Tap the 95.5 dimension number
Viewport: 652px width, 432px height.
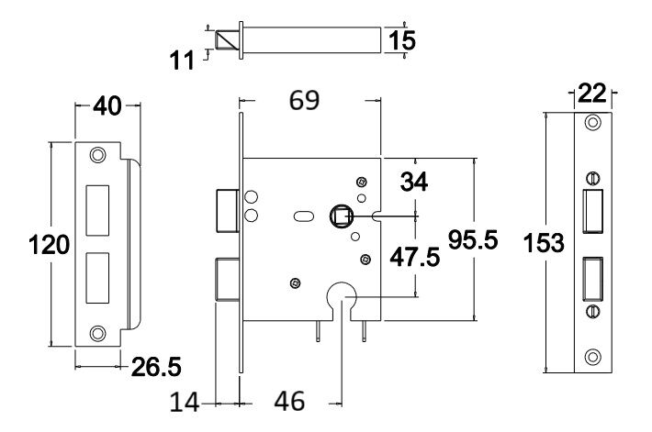click(472, 240)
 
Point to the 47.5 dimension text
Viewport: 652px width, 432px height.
click(411, 257)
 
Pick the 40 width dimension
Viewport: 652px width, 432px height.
click(108, 107)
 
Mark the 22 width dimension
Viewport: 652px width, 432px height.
click(592, 94)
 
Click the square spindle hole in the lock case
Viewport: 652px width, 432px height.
click(341, 216)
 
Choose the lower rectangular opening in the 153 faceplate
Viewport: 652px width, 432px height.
click(593, 278)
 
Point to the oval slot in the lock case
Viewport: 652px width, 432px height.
click(301, 218)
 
